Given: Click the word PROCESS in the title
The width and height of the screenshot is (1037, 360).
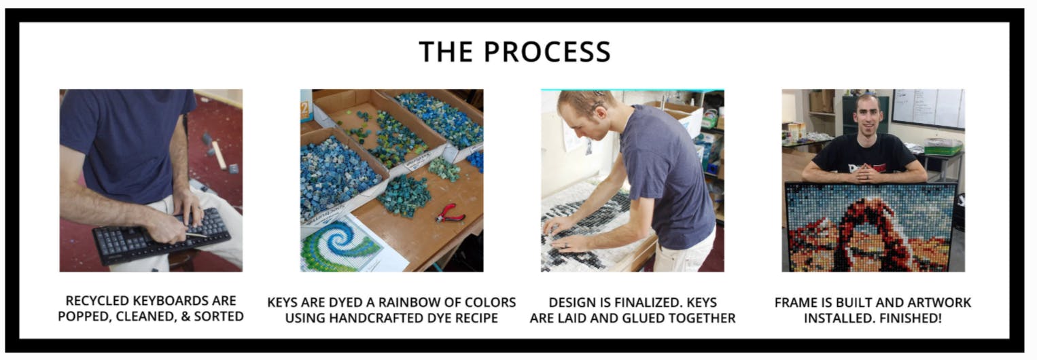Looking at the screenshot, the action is click(547, 52).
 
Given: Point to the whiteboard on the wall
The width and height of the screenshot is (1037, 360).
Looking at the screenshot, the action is click(928, 109).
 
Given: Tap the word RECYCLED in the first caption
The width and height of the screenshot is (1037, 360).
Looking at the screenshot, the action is click(97, 301).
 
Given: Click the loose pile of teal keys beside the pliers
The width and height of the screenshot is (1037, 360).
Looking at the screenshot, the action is click(404, 195).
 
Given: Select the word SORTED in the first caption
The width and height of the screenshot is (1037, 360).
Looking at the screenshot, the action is click(219, 317).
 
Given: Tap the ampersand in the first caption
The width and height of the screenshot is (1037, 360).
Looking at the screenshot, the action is click(185, 317).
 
